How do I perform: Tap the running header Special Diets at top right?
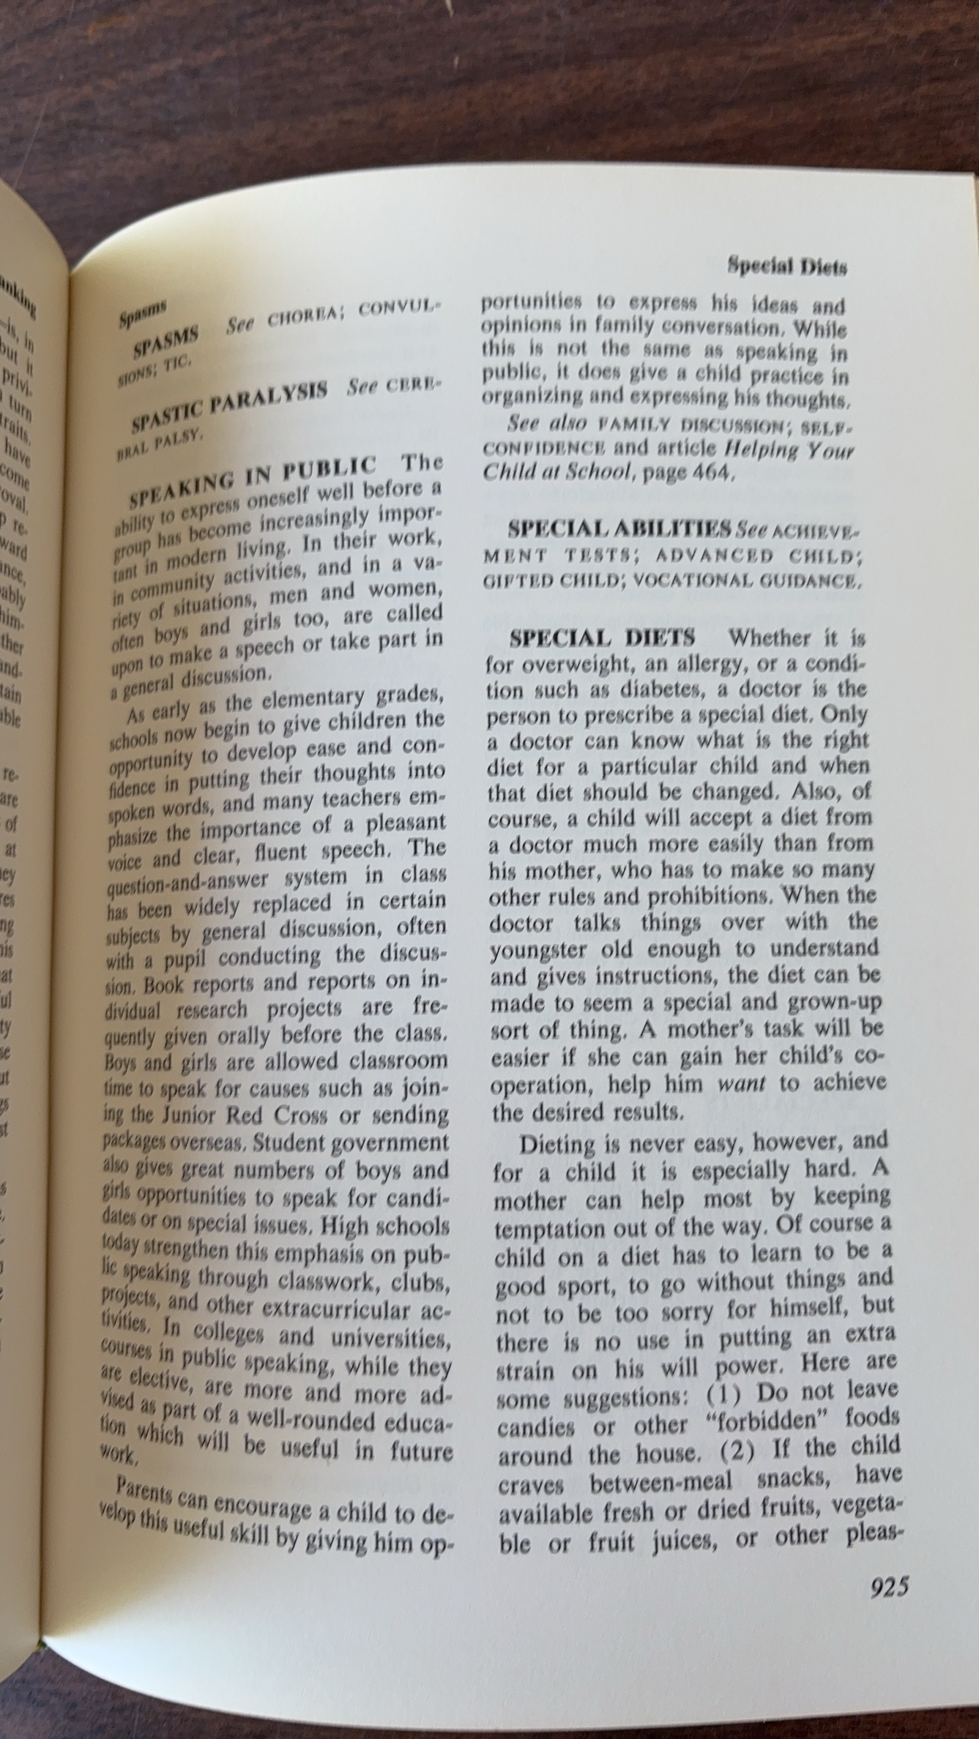click(786, 267)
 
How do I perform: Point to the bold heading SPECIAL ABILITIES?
click(620, 528)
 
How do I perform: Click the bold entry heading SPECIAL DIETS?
click(602, 637)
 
